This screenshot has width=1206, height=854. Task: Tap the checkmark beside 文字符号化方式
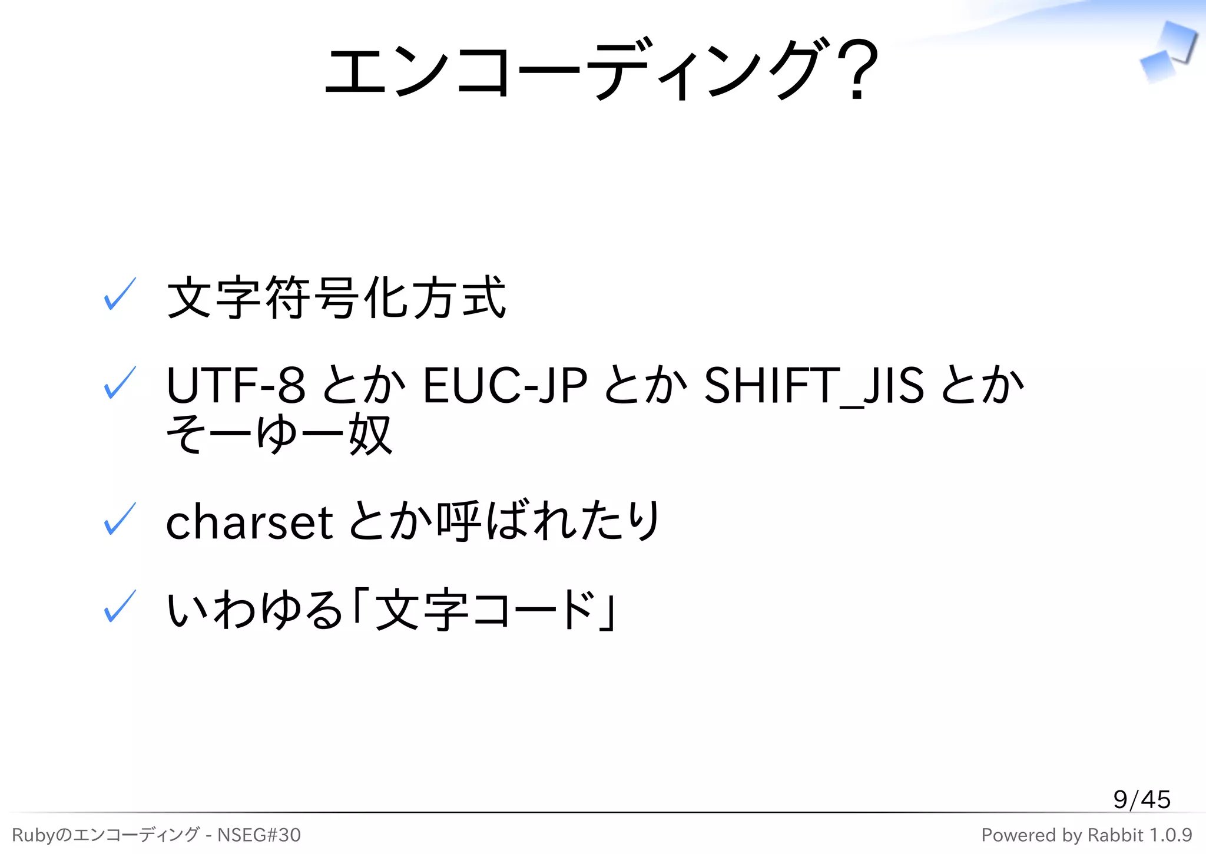[120, 294]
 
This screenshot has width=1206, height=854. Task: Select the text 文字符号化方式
[336, 298]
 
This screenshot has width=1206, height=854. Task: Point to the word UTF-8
[236, 386]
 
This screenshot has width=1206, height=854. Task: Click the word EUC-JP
[505, 386]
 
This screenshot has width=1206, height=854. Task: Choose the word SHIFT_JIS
[814, 386]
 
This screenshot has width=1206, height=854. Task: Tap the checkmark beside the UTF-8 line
[120, 383]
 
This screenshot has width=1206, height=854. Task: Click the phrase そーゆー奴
[279, 435]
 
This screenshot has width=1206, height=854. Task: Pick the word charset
[250, 522]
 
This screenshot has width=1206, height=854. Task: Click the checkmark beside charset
[120, 519]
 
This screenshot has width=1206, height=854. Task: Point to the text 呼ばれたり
[548, 521]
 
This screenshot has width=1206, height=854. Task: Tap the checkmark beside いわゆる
[120, 607]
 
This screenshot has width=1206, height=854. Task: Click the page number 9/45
[1141, 799]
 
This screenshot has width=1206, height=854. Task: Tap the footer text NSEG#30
[259, 835]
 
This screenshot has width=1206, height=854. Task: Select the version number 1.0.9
[1171, 835]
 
